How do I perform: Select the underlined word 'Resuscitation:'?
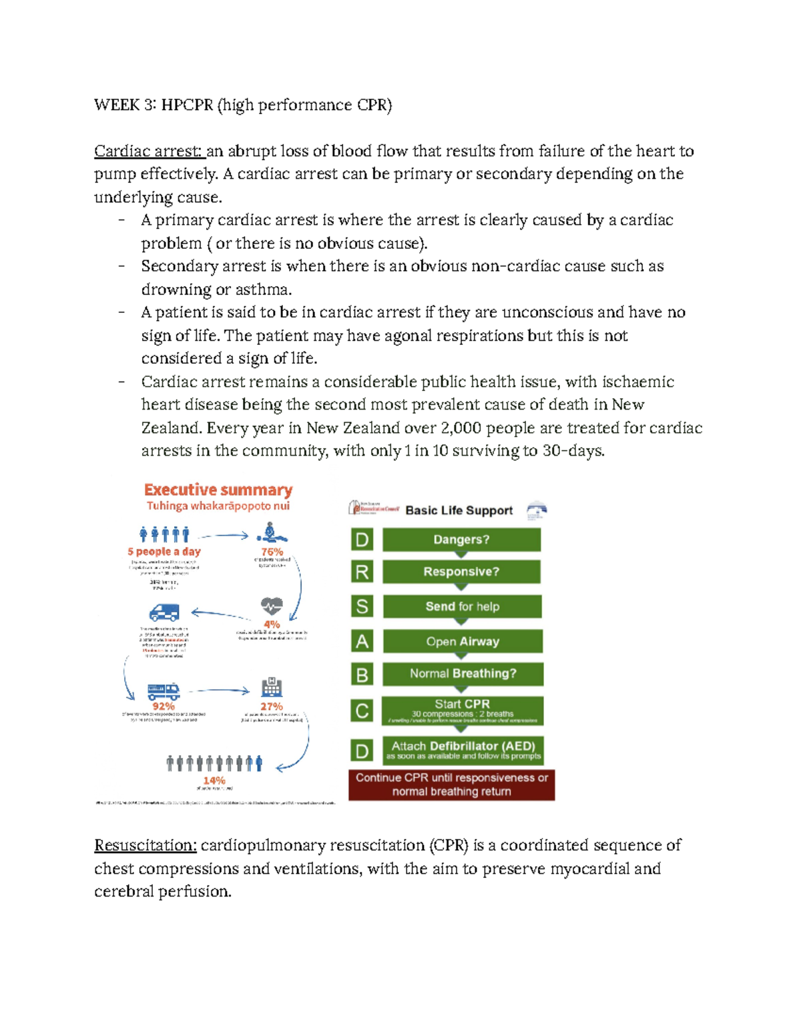click(146, 845)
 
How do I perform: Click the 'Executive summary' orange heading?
click(218, 490)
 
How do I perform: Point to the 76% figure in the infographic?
click(272, 552)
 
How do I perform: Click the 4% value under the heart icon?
click(272, 624)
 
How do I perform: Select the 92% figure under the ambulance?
click(164, 706)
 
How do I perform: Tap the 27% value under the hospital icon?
click(272, 706)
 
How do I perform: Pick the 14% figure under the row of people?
click(214, 780)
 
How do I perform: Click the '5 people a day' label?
click(164, 552)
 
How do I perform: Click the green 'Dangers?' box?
click(461, 540)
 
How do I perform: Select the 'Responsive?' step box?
click(461, 572)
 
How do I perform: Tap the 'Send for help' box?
click(462, 606)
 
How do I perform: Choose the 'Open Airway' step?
click(463, 641)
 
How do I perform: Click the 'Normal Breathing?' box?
click(463, 674)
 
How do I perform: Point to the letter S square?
click(362, 606)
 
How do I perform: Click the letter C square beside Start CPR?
click(362, 711)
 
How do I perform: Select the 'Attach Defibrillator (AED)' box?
click(463, 750)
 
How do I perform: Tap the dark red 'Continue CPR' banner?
click(451, 785)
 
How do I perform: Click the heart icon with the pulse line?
click(272, 606)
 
